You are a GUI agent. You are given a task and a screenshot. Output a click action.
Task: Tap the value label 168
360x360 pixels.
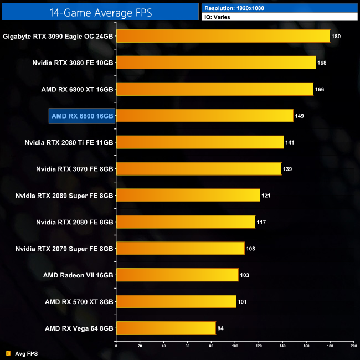pyautogui.click(x=322, y=63)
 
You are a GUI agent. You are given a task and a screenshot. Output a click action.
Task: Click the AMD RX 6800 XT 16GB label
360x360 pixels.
pyautogui.click(x=77, y=89)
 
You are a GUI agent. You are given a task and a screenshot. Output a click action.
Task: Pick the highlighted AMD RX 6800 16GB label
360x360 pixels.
pyautogui.click(x=82, y=116)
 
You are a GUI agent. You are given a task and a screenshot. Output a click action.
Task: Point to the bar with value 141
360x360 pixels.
pyautogui.click(x=200, y=142)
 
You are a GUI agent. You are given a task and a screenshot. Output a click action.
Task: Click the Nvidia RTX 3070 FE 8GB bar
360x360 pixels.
pyautogui.click(x=198, y=168)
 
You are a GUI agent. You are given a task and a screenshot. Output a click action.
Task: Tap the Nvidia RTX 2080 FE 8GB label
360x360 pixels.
pyautogui.click(x=75, y=222)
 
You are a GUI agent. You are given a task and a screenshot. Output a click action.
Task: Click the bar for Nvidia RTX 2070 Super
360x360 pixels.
pyautogui.click(x=180, y=248)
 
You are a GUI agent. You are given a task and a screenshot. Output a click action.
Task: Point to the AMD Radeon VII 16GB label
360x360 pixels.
pyautogui.click(x=78, y=275)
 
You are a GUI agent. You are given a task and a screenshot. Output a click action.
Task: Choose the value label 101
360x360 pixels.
pyautogui.click(x=241, y=302)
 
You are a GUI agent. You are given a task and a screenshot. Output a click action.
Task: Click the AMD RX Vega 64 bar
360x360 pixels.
pyautogui.click(x=166, y=328)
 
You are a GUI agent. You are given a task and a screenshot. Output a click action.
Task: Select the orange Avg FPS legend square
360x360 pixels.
pyautogui.click(x=8, y=353)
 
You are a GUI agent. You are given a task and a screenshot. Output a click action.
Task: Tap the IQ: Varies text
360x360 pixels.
pyautogui.click(x=218, y=17)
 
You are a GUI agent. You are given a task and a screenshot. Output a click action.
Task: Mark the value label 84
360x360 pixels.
pyautogui.click(x=220, y=328)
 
